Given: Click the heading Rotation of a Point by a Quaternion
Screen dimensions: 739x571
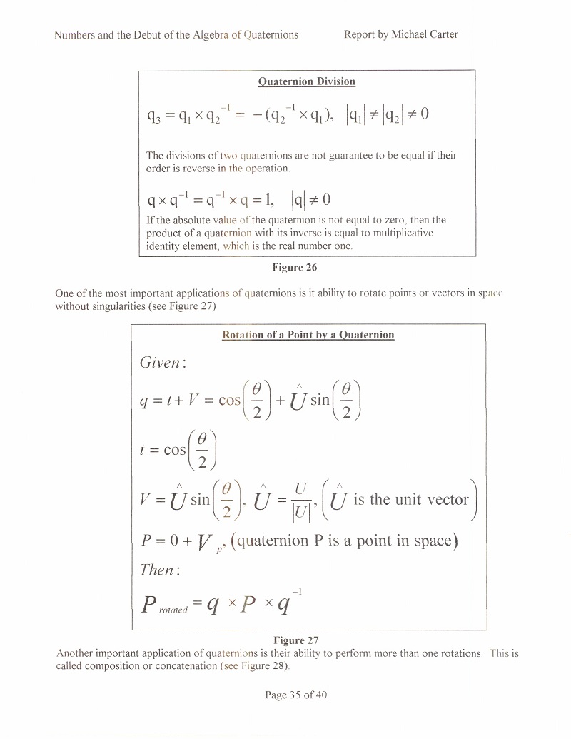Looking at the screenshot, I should (308, 335).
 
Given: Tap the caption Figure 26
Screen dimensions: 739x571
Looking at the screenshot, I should (295, 267).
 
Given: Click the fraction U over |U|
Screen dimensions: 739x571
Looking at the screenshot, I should (301, 502).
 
